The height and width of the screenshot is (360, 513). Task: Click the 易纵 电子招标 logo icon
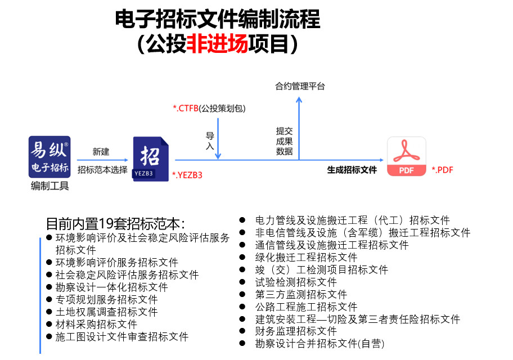49,157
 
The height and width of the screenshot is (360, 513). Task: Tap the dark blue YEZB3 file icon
151,159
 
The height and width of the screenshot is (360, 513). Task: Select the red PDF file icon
407,156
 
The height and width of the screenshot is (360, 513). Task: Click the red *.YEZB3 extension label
187,175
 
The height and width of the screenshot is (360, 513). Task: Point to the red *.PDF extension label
442,170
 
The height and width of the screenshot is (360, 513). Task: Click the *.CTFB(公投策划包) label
209,109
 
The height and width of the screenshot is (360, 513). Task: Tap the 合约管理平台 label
300,87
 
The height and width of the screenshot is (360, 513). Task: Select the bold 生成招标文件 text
352,170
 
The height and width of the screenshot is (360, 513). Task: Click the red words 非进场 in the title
217,43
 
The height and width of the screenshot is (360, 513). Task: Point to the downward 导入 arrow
218,139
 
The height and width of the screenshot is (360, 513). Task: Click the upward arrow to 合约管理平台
299,128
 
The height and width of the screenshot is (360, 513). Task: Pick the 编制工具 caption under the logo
49,186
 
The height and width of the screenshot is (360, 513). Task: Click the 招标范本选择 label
102,170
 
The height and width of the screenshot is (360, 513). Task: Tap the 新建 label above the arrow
101,151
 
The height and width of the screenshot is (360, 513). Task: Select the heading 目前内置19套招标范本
115,224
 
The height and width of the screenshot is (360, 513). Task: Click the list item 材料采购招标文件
96,325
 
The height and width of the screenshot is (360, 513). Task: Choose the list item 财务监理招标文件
296,331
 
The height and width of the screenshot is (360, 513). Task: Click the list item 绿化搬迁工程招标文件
306,257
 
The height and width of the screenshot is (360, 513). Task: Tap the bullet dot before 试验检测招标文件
242,282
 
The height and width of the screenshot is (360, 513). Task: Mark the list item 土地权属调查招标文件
106,312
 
